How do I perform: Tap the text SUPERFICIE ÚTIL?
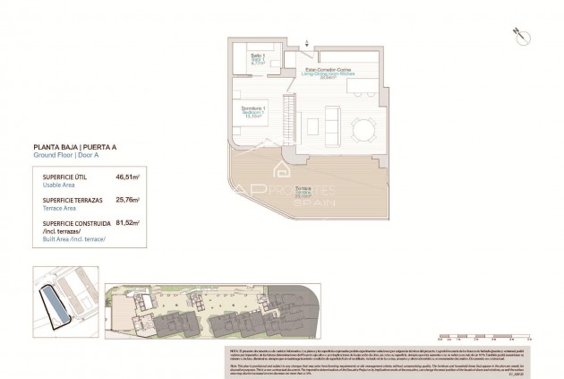pos(60,177)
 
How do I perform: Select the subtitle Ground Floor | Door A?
pos(68,155)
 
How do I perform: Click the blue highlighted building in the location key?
pos(57,309)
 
